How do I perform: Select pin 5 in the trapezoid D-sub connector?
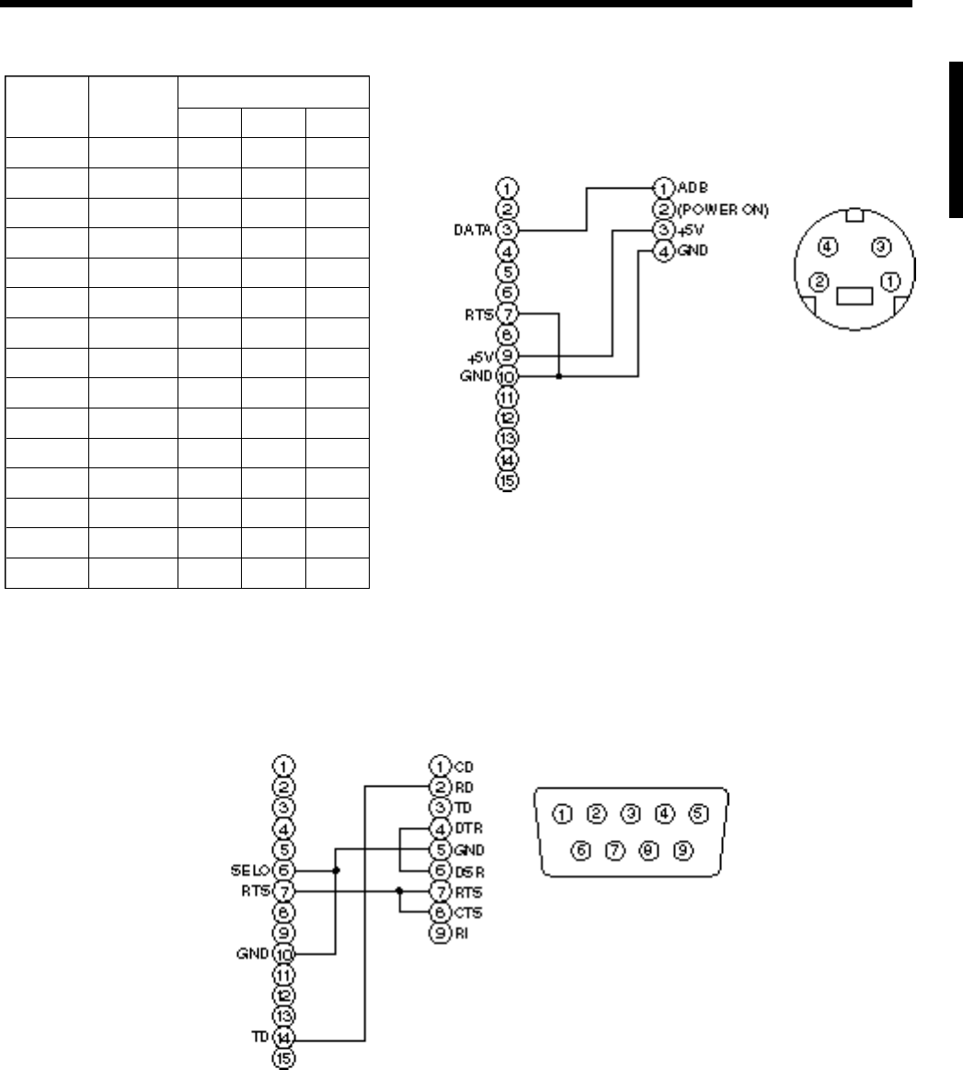pyautogui.click(x=699, y=813)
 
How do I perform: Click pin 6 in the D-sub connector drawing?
pyautogui.click(x=583, y=851)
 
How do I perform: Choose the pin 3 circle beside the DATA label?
pyautogui.click(x=508, y=228)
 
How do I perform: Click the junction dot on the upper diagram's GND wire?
pyautogui.click(x=559, y=376)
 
